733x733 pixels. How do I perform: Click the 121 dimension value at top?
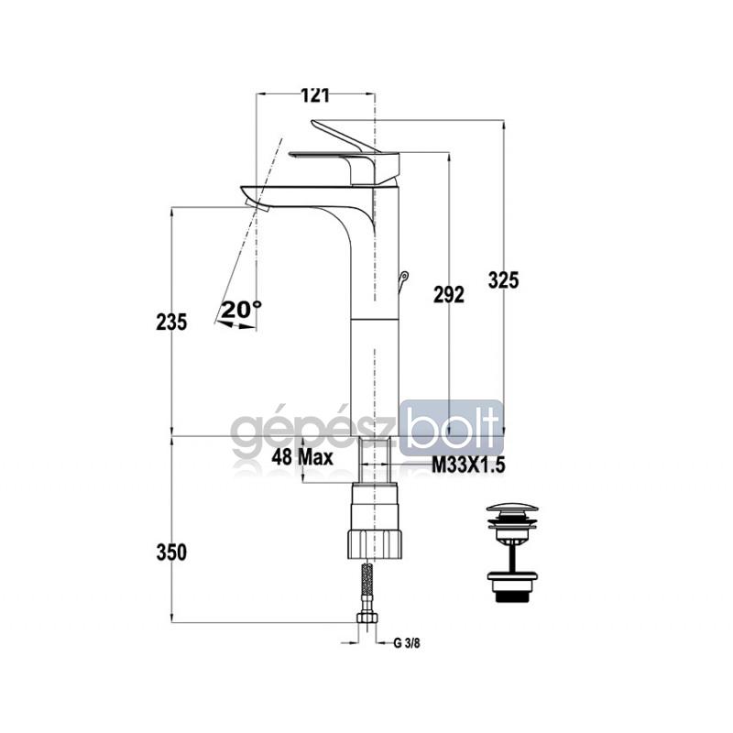314,94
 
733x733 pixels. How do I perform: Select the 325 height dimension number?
503,280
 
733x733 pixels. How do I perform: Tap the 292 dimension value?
448,295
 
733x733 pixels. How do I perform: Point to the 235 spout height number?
171,322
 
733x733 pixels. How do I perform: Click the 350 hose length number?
171,552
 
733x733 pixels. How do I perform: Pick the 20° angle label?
241,310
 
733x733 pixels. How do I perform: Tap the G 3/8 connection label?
407,643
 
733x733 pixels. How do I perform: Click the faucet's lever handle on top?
345,137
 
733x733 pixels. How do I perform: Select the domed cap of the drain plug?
511,509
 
